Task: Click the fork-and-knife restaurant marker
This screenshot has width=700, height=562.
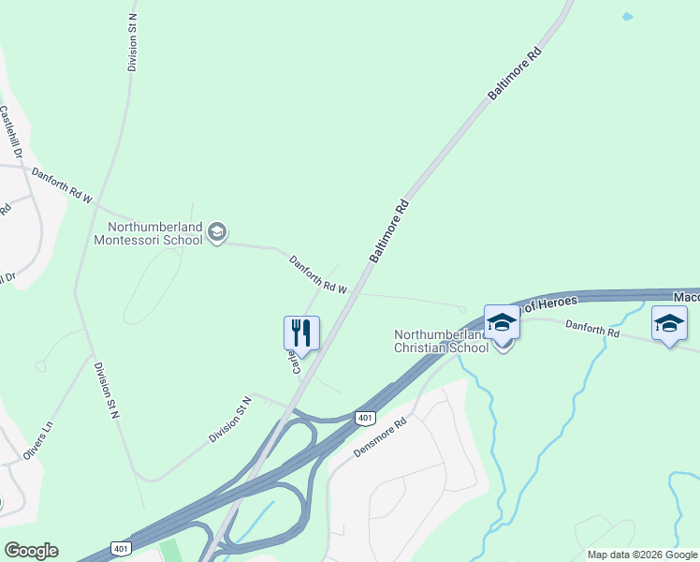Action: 301,333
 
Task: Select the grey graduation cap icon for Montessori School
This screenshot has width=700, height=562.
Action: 217,232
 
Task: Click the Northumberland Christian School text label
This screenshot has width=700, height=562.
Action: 441,341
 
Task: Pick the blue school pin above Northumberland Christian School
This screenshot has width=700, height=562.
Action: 502,323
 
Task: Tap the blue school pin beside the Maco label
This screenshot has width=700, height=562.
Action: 669,324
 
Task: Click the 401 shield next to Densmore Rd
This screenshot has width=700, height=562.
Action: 363,418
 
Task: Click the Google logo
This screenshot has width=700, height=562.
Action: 31,551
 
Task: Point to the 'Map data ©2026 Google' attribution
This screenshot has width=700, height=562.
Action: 641,555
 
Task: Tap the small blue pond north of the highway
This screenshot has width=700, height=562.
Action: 627,17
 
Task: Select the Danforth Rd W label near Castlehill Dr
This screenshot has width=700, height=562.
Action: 62,185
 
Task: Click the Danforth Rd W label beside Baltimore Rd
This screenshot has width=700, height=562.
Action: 317,274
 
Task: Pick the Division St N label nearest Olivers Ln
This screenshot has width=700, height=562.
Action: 107,389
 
